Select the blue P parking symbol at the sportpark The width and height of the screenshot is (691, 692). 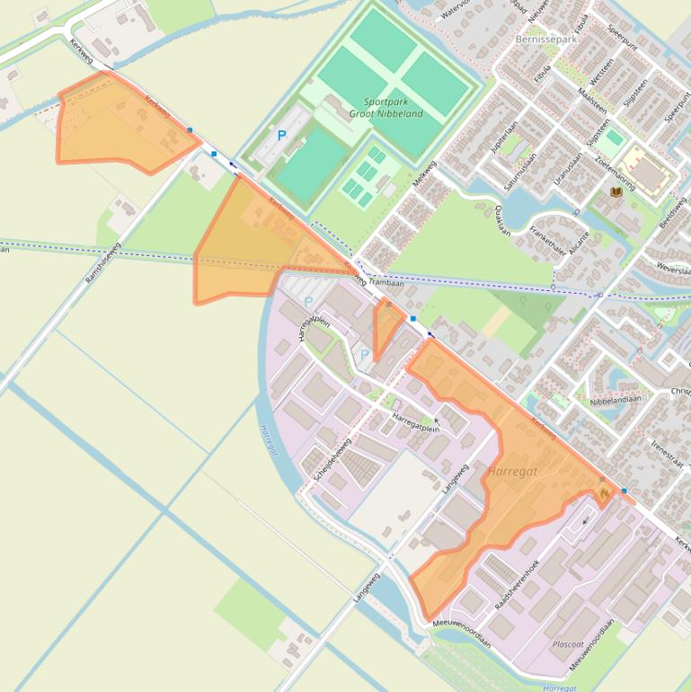click(x=281, y=136)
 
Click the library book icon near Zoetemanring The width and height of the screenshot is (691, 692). click(x=616, y=192)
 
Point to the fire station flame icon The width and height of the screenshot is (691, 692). click(x=603, y=493)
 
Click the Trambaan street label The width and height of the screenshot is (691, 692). click(x=386, y=282)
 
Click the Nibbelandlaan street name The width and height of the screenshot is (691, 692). click(x=616, y=402)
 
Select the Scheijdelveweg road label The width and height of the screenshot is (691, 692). click(x=332, y=460)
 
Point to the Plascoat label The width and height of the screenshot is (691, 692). click(x=568, y=644)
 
